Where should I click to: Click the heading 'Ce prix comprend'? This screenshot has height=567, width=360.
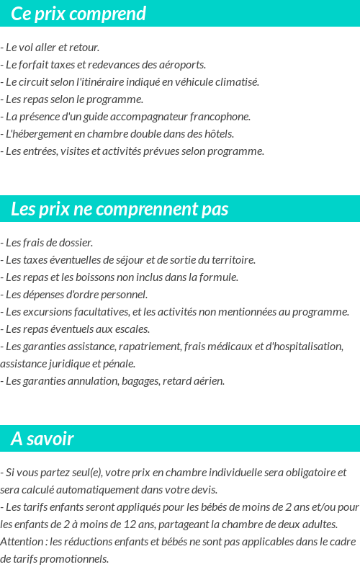tap(78, 14)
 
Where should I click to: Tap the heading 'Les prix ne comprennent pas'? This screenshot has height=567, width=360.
tap(120, 209)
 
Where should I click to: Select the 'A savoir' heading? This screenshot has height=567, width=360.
tap(42, 439)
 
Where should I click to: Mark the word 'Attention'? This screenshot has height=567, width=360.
tap(20, 542)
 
